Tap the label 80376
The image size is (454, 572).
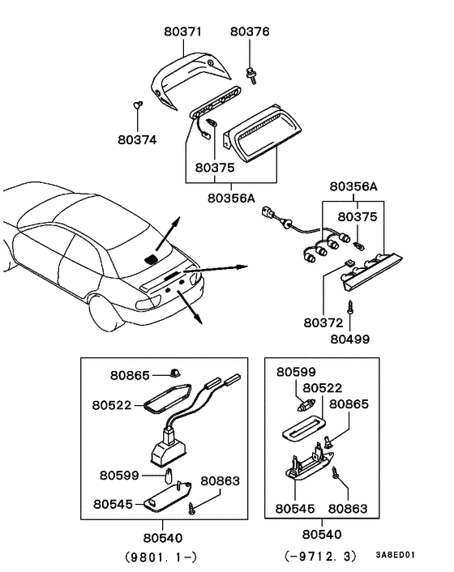pos(250,31)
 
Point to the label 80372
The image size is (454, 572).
pos(324,322)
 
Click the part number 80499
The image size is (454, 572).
pos(349,338)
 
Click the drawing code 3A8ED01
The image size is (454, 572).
pos(395,556)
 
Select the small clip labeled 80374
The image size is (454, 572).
pos(138,105)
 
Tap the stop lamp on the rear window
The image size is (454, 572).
pos(151,258)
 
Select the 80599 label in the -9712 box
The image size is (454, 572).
pos(296,372)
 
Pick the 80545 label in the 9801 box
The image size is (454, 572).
pos(112,503)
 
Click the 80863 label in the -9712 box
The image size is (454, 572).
pos(348,509)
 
